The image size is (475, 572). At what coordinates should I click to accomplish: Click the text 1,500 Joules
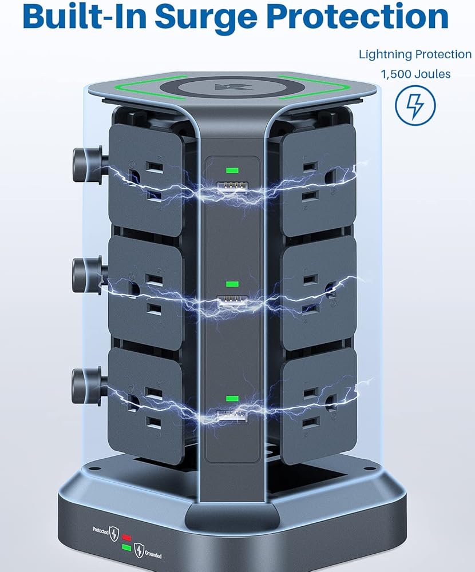click(x=415, y=74)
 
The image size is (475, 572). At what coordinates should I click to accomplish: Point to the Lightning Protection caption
click(x=415, y=54)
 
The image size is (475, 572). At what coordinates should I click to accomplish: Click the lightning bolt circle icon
click(x=415, y=105)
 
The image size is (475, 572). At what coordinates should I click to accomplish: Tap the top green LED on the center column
click(x=232, y=170)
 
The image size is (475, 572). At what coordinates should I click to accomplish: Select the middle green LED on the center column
click(x=232, y=284)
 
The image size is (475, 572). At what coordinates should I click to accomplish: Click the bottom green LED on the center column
click(x=232, y=399)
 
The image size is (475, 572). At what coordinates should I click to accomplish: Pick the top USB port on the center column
click(x=232, y=188)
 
